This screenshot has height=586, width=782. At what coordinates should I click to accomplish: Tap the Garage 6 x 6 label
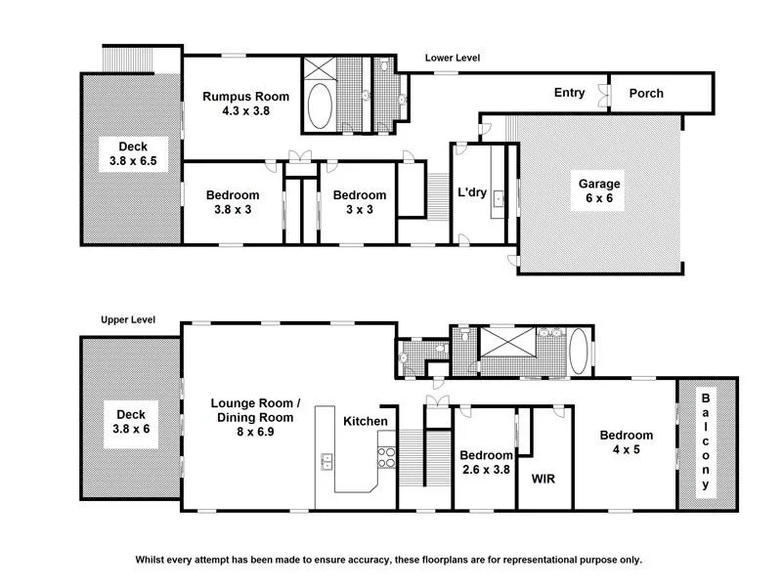pos(598,190)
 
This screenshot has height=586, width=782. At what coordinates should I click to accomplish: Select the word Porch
pos(646,94)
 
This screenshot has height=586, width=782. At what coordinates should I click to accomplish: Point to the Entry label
pos(570,93)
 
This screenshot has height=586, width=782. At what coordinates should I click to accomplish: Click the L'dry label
pos(472,192)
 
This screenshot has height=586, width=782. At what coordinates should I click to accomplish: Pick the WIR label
pos(543,480)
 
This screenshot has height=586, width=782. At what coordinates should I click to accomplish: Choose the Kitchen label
pos(367,421)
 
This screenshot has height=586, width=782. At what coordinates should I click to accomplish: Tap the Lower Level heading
pos(453,59)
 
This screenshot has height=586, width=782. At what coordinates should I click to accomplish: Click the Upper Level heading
pos(127,320)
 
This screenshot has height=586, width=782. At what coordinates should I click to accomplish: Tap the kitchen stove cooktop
pos(385,456)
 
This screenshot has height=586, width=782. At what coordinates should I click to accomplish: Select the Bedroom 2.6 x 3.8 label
pos(487,462)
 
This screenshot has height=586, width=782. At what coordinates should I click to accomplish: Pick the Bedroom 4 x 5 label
pos(627,443)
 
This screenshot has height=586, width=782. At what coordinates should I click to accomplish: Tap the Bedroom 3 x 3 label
pos(360,201)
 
